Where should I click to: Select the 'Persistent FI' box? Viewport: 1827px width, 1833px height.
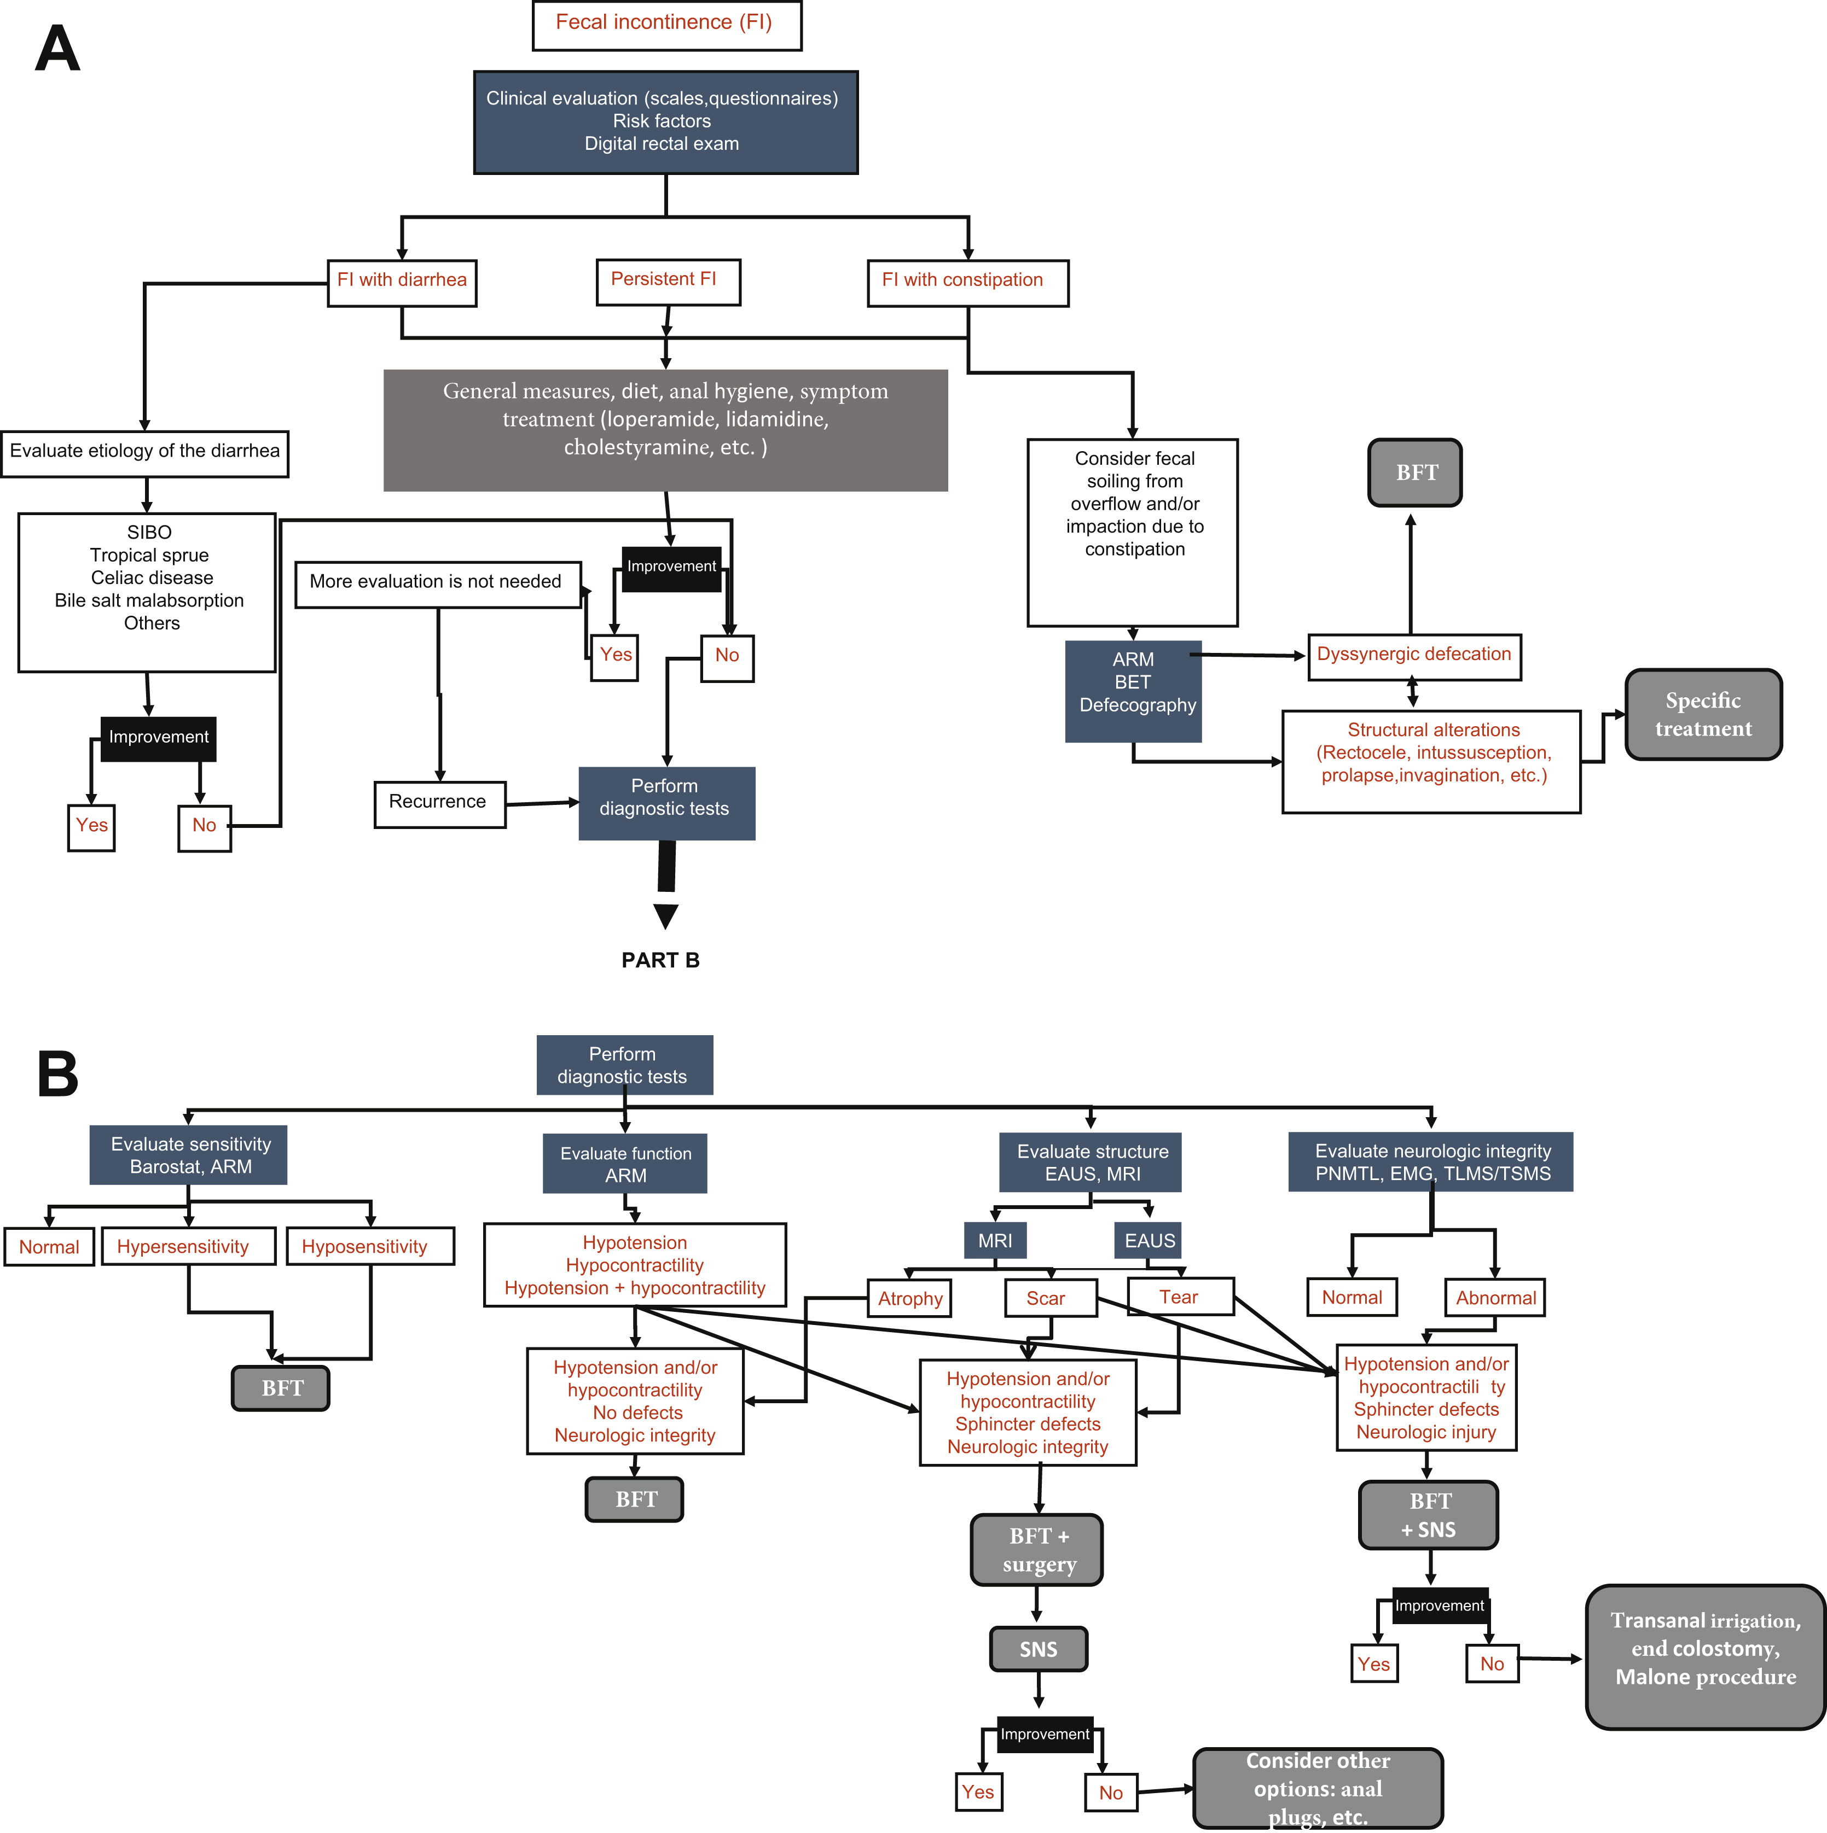tap(667, 282)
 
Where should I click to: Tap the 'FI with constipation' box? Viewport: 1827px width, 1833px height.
tap(967, 282)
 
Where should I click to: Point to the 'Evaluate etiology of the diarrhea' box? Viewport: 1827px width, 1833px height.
tap(144, 453)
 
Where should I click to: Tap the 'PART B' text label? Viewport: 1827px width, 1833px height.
tap(660, 960)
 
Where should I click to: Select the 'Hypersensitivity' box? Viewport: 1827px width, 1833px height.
tap(187, 1247)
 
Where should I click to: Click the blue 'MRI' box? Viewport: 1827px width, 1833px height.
tap(995, 1240)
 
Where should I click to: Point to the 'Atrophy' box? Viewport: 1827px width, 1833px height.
tap(909, 1299)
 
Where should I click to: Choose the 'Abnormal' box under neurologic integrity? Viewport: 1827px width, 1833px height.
tap(1495, 1298)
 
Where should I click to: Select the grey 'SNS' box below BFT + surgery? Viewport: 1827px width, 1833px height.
tap(1039, 1650)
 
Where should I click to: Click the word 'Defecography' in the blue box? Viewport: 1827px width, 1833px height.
tap(1137, 706)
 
